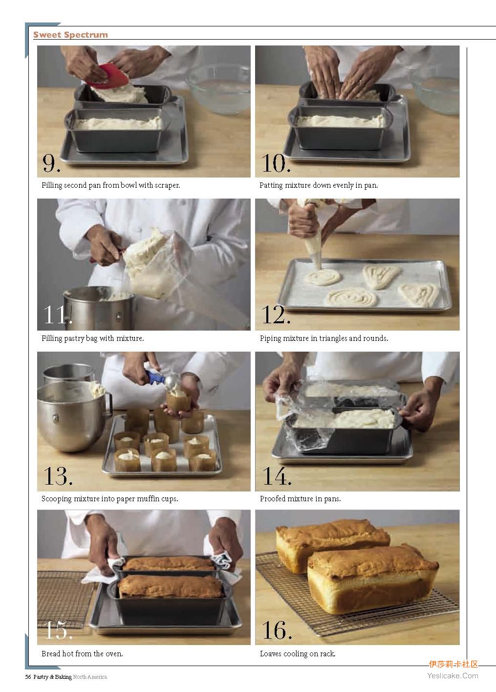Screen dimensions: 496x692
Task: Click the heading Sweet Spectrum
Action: pos(71,35)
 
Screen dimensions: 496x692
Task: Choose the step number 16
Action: pos(277,630)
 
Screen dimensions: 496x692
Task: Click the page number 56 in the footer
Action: pos(28,677)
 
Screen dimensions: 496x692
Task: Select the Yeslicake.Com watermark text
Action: pos(453,676)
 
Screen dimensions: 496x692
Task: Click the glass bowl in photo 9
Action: pos(218,89)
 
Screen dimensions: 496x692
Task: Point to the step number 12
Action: pos(276,315)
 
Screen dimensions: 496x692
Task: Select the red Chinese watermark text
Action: pos(453,664)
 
